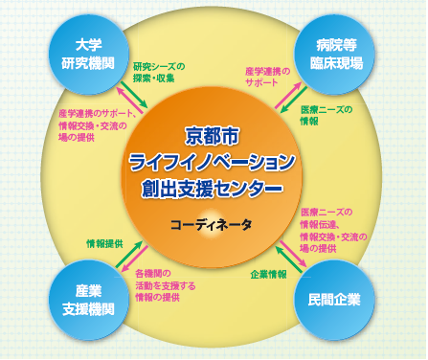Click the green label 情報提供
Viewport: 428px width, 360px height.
[104, 244]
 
